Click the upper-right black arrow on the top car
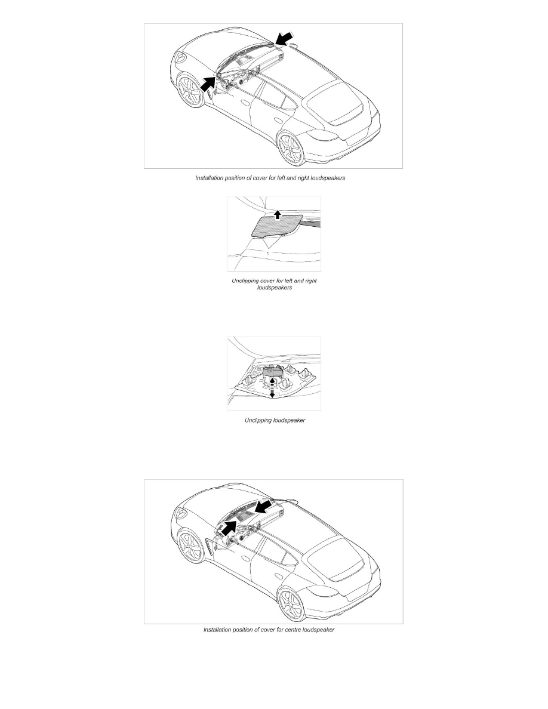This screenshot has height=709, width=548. click(x=284, y=39)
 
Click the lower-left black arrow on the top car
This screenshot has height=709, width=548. click(x=208, y=84)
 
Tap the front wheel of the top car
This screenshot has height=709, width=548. click(x=190, y=92)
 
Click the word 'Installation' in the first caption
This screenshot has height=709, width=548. click(x=210, y=178)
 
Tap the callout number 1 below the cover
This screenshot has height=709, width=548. click(x=267, y=254)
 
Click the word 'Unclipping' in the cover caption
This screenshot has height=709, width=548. click(x=245, y=281)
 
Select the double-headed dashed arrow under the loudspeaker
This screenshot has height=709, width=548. click(x=272, y=388)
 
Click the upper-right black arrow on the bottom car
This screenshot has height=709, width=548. click(x=263, y=506)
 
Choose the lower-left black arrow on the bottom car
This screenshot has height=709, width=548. click(x=230, y=527)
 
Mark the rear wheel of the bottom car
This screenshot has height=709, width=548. click(x=291, y=603)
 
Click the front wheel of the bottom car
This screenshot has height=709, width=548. click(x=190, y=547)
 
